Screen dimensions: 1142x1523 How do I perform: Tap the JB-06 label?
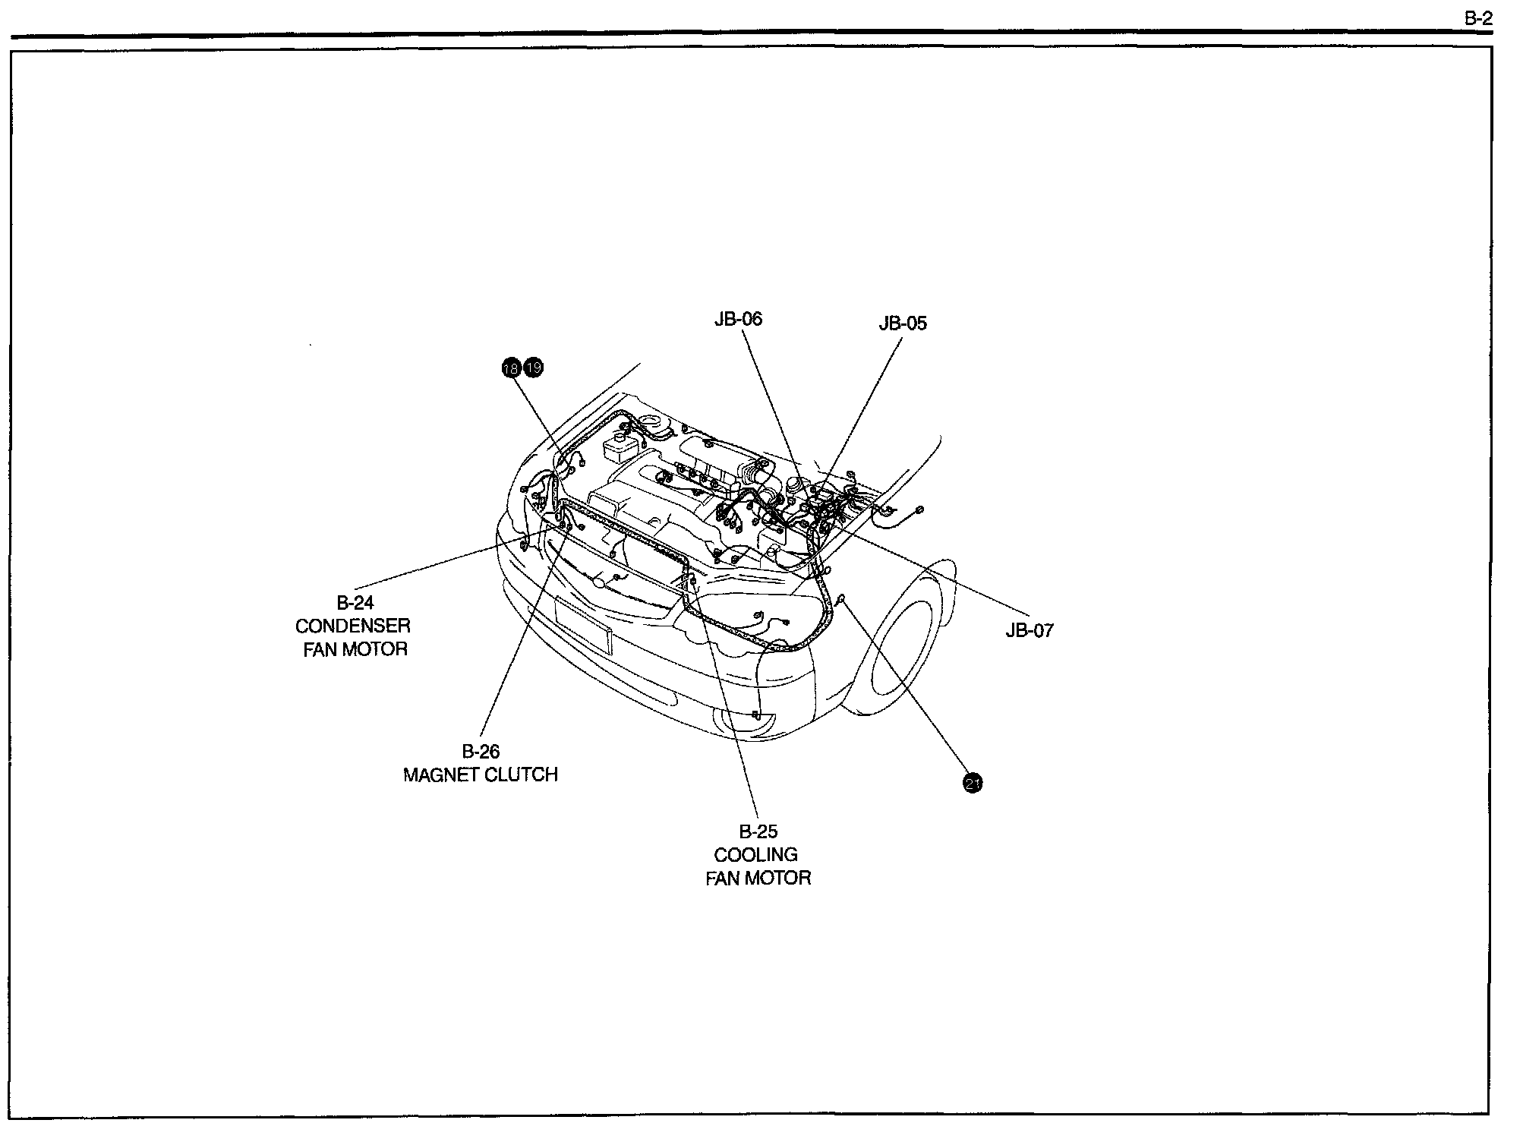738,319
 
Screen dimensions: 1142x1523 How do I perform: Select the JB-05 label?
903,323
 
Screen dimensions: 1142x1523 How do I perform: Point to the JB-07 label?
1030,630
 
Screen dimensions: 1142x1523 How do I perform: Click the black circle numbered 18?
512,368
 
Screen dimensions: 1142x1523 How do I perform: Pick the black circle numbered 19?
534,368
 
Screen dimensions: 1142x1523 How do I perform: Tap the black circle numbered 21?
973,783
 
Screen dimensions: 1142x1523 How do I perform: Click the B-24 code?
355,603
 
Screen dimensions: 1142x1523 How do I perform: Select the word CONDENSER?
353,626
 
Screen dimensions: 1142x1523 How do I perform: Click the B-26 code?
481,752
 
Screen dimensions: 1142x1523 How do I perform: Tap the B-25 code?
758,831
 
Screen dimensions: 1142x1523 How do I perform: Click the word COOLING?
756,855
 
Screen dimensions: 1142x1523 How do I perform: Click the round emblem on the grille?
600,583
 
